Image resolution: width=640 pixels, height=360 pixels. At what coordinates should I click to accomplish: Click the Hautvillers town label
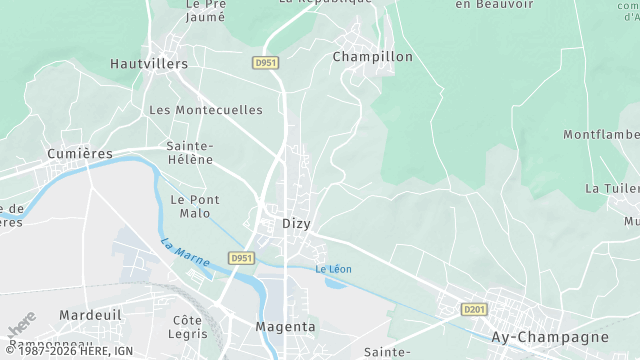148,63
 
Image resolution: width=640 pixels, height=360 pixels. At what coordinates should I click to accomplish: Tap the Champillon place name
372,57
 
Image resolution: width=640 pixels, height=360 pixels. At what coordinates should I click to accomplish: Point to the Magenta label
285,327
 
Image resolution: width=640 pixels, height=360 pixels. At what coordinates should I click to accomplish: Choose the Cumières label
80,153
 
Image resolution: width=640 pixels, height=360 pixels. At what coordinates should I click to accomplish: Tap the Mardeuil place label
90,315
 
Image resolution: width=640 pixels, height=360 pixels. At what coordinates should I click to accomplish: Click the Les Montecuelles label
205,110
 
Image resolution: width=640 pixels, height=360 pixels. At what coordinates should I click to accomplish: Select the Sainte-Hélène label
190,152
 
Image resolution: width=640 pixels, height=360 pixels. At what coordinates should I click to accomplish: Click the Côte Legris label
188,326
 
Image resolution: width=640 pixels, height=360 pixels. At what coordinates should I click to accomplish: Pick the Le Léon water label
333,269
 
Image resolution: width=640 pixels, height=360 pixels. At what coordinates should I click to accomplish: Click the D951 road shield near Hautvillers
265,62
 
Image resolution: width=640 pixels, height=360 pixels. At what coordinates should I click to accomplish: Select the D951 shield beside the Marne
240,258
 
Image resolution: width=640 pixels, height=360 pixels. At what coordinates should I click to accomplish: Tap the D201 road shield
474,310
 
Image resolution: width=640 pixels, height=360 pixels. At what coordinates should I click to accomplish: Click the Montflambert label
601,135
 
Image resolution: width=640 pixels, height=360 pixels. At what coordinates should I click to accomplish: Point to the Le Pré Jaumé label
207,10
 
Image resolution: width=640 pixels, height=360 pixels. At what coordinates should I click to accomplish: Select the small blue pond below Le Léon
337,283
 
